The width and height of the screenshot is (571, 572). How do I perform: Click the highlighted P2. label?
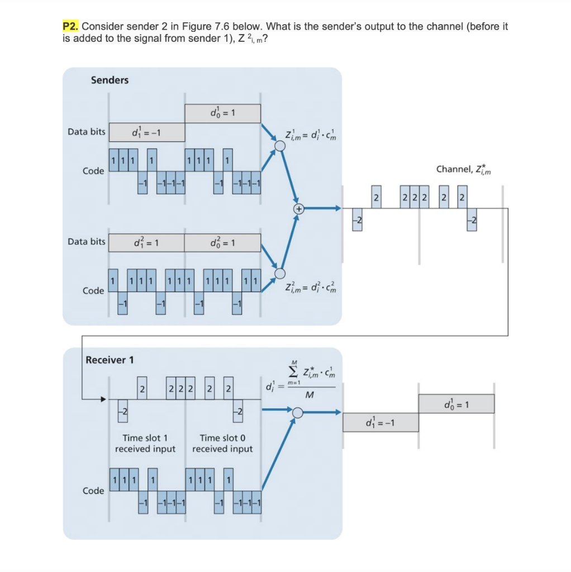click(x=72, y=27)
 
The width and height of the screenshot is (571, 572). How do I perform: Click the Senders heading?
click(x=110, y=80)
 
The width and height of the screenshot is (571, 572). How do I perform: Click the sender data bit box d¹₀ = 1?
click(x=222, y=113)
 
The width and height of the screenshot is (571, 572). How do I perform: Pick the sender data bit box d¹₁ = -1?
click(x=146, y=132)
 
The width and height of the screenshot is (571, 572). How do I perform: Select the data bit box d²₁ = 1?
click(x=146, y=242)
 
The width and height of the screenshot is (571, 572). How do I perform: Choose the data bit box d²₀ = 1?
click(x=222, y=242)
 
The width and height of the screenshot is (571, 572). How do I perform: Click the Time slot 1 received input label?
click(x=145, y=444)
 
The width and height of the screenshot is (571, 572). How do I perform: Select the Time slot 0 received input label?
click(x=222, y=444)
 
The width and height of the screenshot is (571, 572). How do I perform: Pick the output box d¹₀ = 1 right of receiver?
click(x=456, y=403)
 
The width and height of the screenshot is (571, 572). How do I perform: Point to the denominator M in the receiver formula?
click(x=311, y=396)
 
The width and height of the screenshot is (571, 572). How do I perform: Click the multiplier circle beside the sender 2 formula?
click(x=280, y=273)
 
